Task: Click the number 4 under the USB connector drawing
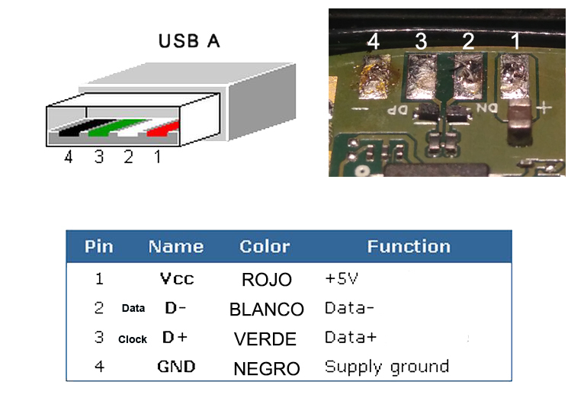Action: point(69,158)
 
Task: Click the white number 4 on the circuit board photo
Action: point(373,42)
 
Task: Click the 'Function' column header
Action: point(408,246)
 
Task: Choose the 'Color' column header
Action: point(265,246)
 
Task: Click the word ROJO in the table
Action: point(266,280)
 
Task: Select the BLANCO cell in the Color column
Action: point(266,310)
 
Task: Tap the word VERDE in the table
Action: point(266,338)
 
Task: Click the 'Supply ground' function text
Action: point(387,367)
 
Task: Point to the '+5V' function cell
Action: point(342,278)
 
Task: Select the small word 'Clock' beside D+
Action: point(132,339)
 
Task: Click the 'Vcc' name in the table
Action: point(177,278)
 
